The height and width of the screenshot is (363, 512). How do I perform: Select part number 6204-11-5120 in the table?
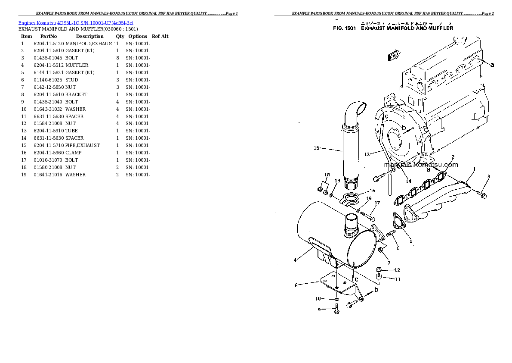pyautogui.click(x=48, y=44)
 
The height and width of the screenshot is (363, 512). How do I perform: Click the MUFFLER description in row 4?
pyautogui.click(x=77, y=66)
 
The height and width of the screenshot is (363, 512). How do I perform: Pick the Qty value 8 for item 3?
pyautogui.click(x=117, y=58)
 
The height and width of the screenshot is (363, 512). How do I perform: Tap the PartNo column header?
pyautogui.click(x=49, y=37)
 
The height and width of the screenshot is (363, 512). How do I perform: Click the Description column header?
pyautogui.click(x=89, y=37)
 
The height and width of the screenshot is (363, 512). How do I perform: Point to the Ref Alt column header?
pyautogui.click(x=160, y=37)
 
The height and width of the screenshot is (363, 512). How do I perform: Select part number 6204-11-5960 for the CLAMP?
pyautogui.click(x=48, y=153)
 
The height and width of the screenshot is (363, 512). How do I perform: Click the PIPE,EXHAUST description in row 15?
pyautogui.click(x=83, y=145)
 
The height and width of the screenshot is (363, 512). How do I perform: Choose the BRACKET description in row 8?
pyautogui.click(x=76, y=94)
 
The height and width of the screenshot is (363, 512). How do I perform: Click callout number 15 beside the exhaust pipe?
pyautogui.click(x=316, y=148)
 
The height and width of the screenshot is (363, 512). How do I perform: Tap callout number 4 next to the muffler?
pyautogui.click(x=295, y=260)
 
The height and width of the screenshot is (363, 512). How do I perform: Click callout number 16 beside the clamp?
pyautogui.click(x=372, y=191)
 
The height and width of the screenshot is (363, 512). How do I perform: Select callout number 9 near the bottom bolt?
pyautogui.click(x=319, y=309)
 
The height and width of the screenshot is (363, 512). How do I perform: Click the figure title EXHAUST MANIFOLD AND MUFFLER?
pyautogui.click(x=407, y=28)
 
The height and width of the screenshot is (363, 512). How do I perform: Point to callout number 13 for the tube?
pyautogui.click(x=367, y=154)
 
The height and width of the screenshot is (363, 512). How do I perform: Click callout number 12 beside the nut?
pyautogui.click(x=397, y=270)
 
